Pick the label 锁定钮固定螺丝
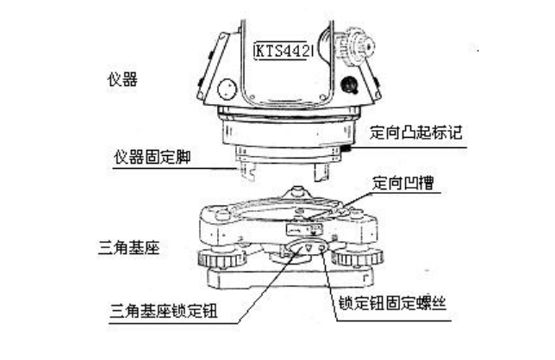[390, 304]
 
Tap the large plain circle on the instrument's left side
[228, 90]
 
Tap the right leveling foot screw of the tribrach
[354, 258]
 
